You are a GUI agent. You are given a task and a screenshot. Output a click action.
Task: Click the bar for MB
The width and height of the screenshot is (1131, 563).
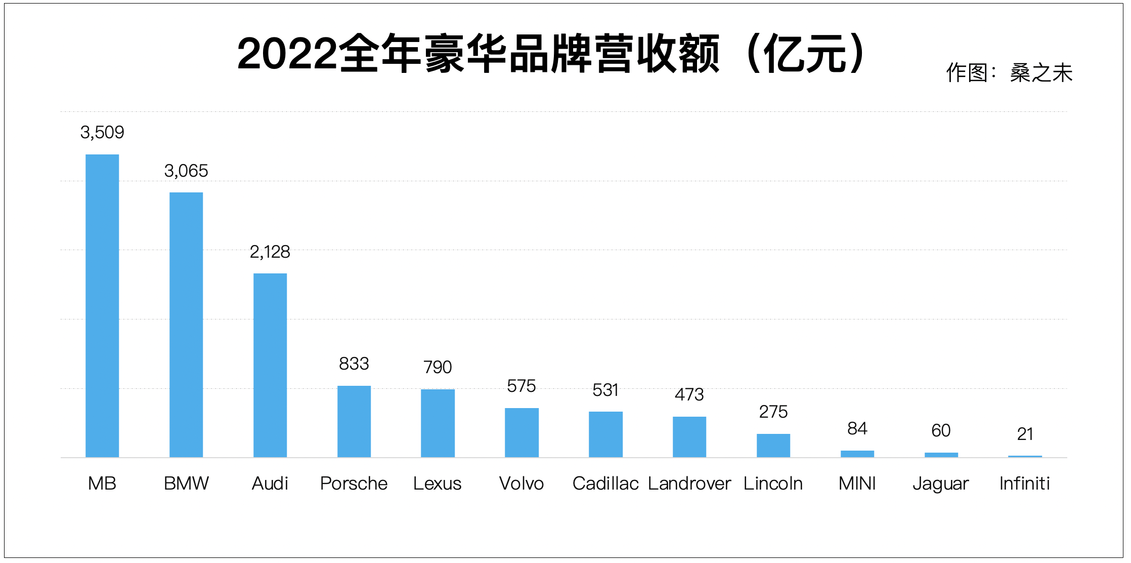click(x=102, y=306)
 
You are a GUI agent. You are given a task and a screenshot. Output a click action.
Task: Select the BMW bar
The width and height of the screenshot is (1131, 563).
click(x=186, y=325)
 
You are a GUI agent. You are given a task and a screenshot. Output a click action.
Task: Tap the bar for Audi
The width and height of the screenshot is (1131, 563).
click(x=270, y=365)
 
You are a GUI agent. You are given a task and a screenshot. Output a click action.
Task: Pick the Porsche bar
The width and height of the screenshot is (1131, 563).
click(x=354, y=421)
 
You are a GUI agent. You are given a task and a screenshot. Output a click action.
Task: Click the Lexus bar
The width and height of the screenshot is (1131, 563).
click(x=438, y=423)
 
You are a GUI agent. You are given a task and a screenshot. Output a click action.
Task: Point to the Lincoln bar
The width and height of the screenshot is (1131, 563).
click(x=773, y=446)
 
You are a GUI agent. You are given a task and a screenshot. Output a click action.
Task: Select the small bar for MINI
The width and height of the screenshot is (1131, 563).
click(x=857, y=454)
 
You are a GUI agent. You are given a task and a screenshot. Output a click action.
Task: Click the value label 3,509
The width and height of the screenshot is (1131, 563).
click(x=102, y=132)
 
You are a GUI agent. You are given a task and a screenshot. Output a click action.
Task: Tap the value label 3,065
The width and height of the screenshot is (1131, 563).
click(x=186, y=171)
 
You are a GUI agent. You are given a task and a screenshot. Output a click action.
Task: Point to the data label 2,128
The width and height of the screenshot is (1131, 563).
click(x=270, y=252)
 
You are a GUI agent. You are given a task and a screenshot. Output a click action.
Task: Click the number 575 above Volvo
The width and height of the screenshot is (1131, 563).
click(x=521, y=386)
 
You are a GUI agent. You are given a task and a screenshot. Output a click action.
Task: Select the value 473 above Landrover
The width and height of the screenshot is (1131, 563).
click(x=689, y=394)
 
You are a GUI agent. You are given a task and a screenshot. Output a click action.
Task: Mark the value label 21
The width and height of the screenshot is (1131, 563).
click(x=1025, y=434)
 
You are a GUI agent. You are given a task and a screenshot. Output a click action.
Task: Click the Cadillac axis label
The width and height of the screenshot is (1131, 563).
click(x=605, y=484)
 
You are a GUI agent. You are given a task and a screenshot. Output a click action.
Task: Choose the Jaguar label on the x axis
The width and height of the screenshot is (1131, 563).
click(x=941, y=484)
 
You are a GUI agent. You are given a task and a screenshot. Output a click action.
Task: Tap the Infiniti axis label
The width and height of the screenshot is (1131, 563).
click(x=1025, y=484)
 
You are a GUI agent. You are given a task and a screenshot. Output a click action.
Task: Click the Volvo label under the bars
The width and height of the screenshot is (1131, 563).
click(x=521, y=484)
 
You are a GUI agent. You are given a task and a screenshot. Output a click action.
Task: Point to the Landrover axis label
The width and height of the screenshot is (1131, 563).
click(x=689, y=484)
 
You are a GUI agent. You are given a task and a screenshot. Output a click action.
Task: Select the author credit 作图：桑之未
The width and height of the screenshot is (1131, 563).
click(x=1009, y=73)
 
